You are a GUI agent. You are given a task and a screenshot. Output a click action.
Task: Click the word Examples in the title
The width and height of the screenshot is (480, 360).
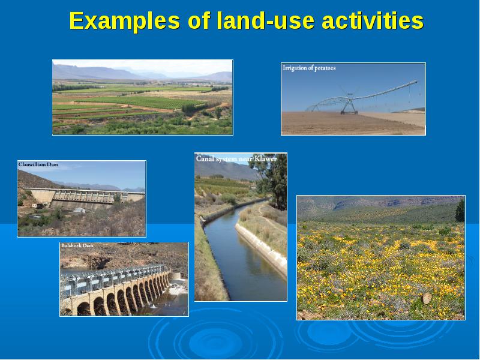[125, 21]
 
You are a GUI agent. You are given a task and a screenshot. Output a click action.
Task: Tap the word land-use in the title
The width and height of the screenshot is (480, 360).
[265, 20]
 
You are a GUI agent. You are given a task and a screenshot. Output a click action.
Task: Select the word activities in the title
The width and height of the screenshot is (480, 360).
[373, 20]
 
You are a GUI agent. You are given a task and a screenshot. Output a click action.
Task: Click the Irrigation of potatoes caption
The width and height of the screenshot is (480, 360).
[309, 68]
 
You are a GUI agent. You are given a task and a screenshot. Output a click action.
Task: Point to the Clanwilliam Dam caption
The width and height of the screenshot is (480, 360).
[38, 164]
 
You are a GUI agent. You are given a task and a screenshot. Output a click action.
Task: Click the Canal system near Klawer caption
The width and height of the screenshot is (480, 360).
[236, 158]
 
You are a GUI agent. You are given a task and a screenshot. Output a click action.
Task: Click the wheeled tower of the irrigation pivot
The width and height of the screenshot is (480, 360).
[349, 106]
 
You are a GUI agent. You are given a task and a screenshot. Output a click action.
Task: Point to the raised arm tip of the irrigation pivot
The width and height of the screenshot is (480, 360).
[416, 82]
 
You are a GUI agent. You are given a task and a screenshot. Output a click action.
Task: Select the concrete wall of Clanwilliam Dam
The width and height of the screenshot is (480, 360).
[84, 196]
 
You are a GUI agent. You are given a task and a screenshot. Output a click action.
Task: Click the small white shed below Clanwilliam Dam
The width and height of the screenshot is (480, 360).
[80, 211]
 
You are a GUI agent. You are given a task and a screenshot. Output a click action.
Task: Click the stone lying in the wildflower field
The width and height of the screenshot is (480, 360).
[427, 298]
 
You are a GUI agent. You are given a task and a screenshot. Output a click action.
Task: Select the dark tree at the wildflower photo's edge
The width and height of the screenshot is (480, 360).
[460, 211]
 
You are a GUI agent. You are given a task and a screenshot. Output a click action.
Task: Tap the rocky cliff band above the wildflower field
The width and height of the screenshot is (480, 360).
[398, 202]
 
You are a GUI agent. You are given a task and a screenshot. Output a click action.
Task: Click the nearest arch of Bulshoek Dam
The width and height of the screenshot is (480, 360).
[83, 308]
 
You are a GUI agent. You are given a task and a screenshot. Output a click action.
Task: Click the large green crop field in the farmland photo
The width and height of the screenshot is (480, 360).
[138, 102]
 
